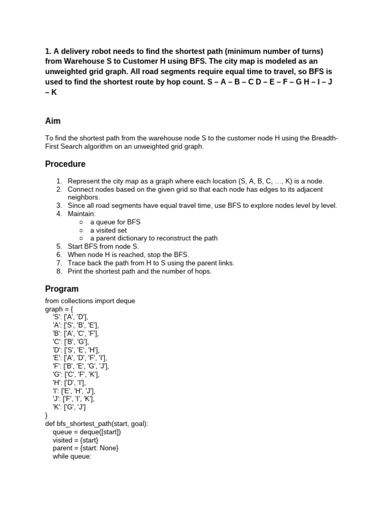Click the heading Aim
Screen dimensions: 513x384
52,121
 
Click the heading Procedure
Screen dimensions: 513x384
65,164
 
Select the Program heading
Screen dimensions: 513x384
61,289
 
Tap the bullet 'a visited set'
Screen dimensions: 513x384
108,230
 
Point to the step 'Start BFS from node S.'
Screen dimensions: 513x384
103,246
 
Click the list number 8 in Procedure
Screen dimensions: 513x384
58,271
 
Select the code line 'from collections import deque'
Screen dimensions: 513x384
90,301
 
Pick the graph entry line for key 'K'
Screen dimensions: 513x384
72,407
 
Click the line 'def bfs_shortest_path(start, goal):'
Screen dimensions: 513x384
96,423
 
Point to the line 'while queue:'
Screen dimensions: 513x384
72,456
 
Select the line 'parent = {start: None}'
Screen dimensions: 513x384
85,448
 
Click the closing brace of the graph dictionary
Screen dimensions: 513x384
46,415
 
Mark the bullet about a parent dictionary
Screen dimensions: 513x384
153,238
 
